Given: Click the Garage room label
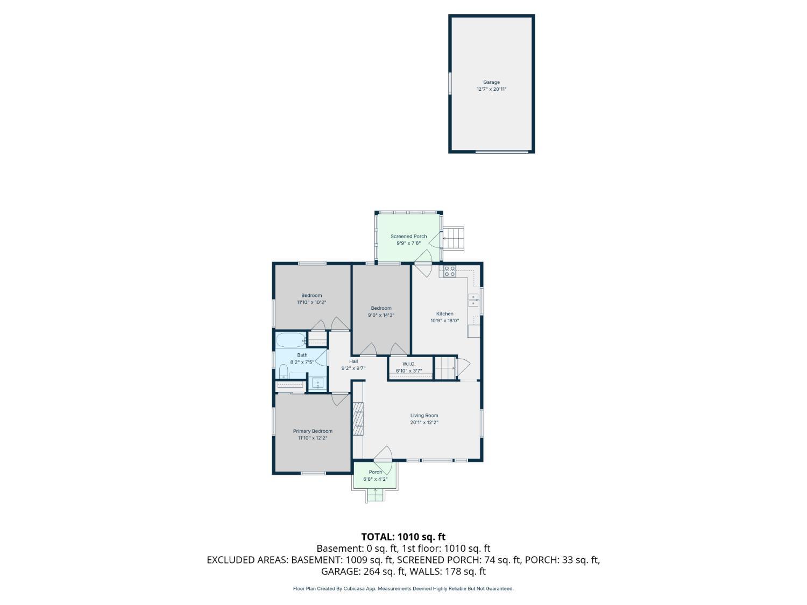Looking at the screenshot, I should [491, 82].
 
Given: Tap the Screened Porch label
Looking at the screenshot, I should [408, 236].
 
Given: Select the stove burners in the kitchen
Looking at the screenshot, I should [450, 271].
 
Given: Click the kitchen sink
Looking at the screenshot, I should [473, 300].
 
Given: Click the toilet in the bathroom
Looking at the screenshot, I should [284, 371].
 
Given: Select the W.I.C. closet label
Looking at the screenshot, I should [409, 364].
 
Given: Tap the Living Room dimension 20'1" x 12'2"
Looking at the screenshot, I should [424, 423].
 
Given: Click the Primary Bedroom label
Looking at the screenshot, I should [313, 431].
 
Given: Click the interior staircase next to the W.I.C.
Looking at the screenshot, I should [445, 368].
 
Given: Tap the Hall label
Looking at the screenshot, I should [353, 361].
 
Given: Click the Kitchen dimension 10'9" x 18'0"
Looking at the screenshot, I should [444, 321].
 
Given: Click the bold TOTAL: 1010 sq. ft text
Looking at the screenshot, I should [403, 537].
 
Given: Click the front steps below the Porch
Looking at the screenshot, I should [375, 495].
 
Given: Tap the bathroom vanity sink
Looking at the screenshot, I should [318, 383].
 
